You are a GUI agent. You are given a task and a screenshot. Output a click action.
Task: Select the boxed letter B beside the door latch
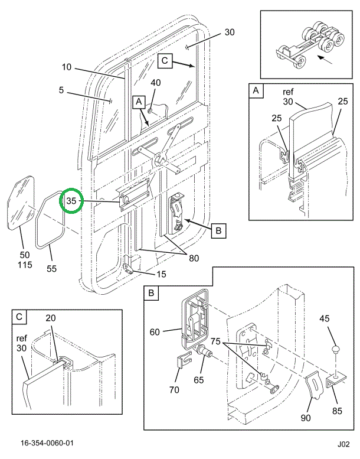(218, 231)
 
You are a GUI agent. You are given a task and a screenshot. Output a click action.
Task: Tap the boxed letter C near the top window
(165, 60)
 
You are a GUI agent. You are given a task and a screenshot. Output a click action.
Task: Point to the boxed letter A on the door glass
(139, 102)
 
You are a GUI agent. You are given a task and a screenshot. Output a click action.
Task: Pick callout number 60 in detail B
(155, 332)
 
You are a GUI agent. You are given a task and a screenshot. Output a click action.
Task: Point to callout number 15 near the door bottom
(161, 274)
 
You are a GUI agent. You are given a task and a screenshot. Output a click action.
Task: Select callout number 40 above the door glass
(156, 83)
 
